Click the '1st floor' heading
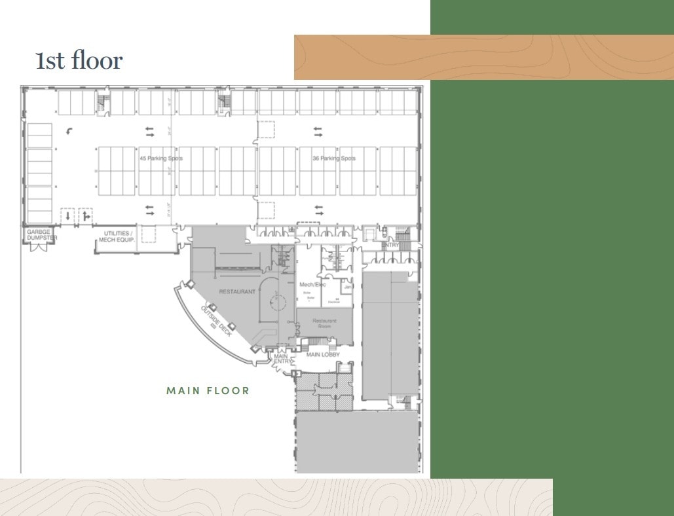click(x=79, y=60)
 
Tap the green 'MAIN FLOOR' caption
click(x=208, y=391)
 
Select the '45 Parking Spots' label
click(x=161, y=158)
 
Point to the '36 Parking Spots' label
click(x=334, y=158)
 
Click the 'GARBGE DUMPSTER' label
click(x=39, y=235)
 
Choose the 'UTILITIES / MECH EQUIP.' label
click(x=116, y=236)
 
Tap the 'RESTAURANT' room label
click(x=237, y=291)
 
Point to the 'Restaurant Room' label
click(x=324, y=323)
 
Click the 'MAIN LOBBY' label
click(x=323, y=355)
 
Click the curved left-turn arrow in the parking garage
click(x=71, y=132)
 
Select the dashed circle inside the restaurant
click(x=276, y=302)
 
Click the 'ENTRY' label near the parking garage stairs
click(x=391, y=245)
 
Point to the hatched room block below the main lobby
click(x=324, y=392)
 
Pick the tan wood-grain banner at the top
click(x=483, y=57)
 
